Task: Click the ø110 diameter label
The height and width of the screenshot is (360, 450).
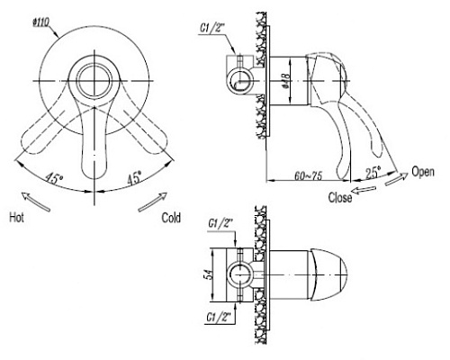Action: click(41, 22)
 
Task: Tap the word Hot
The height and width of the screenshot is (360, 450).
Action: click(16, 217)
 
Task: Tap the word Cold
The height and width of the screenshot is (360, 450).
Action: click(171, 218)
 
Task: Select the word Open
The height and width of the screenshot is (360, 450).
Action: click(423, 172)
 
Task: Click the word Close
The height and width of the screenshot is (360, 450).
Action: click(340, 197)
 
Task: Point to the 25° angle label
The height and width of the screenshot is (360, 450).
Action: click(373, 173)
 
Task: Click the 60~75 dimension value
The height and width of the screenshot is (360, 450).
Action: click(308, 175)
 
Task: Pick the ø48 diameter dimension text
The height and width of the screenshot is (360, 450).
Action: click(286, 81)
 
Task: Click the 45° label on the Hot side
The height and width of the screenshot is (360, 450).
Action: click(54, 178)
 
